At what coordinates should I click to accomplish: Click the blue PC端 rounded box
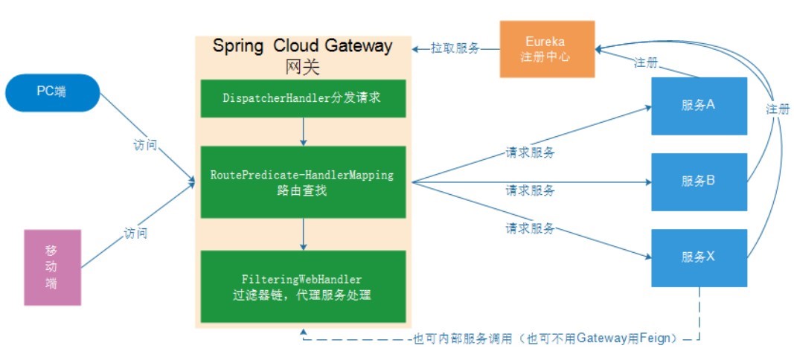pyautogui.click(x=52, y=92)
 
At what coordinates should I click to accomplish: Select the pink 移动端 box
pyautogui.click(x=52, y=267)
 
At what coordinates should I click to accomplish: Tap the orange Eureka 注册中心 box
pyautogui.click(x=547, y=49)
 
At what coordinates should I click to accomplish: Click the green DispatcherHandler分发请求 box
pyautogui.click(x=303, y=98)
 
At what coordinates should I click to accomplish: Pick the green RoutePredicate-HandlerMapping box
pyautogui.click(x=303, y=182)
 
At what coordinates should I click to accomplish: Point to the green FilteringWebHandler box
pyautogui.click(x=303, y=286)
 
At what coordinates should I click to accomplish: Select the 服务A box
pyautogui.click(x=699, y=106)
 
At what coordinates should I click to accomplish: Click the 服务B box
pyautogui.click(x=699, y=181)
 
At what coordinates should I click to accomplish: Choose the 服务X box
pyautogui.click(x=699, y=257)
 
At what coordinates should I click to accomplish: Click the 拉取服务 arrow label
pyautogui.click(x=455, y=48)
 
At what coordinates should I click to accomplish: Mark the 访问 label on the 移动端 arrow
pyautogui.click(x=135, y=233)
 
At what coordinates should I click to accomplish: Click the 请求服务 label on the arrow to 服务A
pyautogui.click(x=530, y=152)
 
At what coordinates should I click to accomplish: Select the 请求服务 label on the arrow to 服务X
pyautogui.click(x=530, y=228)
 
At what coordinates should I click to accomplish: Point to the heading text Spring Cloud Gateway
pyautogui.click(x=302, y=45)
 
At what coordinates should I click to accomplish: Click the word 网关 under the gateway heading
pyautogui.click(x=302, y=67)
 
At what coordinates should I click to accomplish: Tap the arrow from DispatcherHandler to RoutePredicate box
pyautogui.click(x=303, y=132)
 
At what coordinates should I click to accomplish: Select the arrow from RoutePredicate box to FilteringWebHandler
pyautogui.click(x=303, y=234)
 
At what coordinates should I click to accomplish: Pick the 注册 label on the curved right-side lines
pyautogui.click(x=778, y=109)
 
